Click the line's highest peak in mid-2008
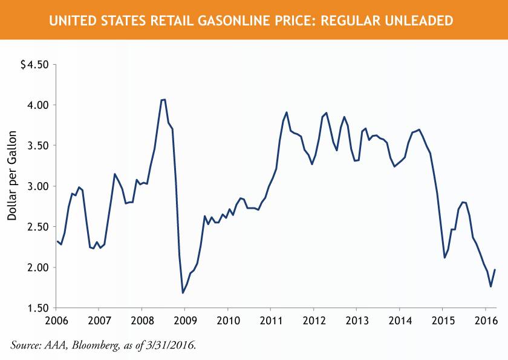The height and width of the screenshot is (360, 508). (164, 99)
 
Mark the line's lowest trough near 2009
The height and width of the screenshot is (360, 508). (183, 293)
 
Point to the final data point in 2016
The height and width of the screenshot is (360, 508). (495, 270)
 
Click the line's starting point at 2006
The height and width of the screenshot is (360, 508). (57, 241)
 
